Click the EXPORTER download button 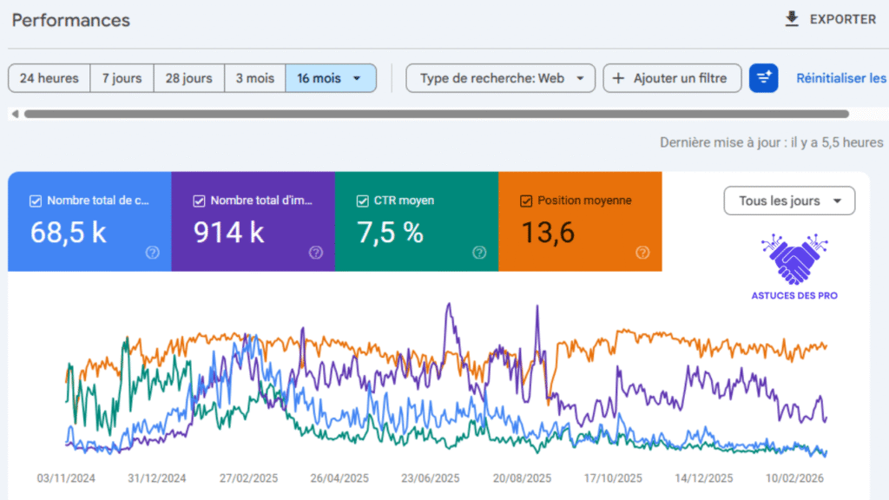(830, 19)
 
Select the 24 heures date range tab (49, 78)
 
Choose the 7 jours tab (122, 78)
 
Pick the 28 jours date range (188, 78)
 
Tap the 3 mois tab (254, 78)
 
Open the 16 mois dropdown (330, 78)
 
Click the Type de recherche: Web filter (500, 78)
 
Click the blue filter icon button (764, 78)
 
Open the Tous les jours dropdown (789, 201)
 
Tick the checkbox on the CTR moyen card (363, 201)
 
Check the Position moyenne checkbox (525, 201)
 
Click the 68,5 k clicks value (69, 233)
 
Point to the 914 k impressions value (228, 233)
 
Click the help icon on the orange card (642, 253)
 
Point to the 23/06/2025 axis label (430, 478)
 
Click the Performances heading (70, 20)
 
